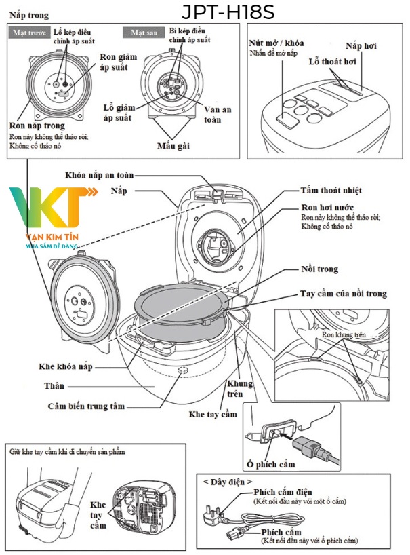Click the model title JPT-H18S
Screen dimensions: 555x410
228,13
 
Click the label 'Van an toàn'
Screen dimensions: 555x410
220,115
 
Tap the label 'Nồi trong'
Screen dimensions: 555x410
319,269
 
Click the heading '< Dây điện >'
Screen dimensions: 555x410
227,481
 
